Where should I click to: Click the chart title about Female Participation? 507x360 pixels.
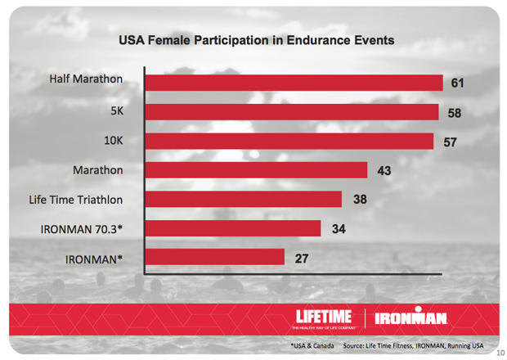(x=256, y=39)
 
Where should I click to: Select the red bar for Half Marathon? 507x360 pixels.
(x=293, y=83)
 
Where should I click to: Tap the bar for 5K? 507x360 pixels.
(x=291, y=112)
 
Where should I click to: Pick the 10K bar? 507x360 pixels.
(x=289, y=142)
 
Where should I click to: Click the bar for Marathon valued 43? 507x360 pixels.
(x=255, y=170)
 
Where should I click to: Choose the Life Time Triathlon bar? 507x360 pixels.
(x=243, y=199)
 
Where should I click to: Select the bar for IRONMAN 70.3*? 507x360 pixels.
(x=232, y=228)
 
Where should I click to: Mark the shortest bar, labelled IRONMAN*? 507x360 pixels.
(x=214, y=257)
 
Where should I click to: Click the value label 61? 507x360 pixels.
(x=457, y=83)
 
